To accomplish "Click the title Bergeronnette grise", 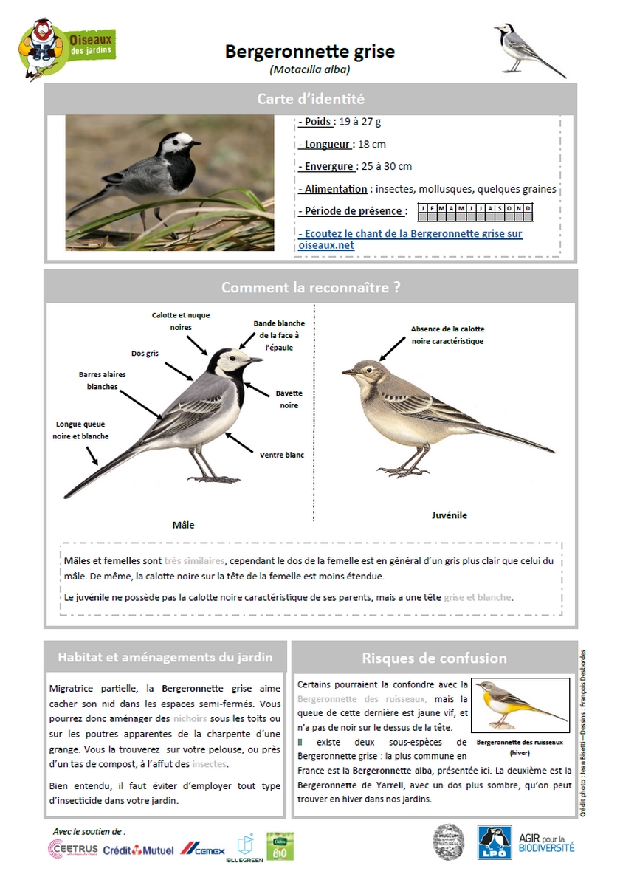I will coord(310,52).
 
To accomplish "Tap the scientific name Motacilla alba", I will coord(310,70).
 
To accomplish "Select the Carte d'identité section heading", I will coord(310,99).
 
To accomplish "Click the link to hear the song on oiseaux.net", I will coord(410,239).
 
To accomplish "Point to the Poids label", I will coord(317,122).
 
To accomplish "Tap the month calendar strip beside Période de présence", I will coord(475,209).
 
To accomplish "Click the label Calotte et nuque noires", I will coord(181,321).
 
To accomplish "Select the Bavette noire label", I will coord(289,399).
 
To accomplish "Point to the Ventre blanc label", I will coord(281,455).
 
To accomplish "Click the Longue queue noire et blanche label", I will coord(80,430).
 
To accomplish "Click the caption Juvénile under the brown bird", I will coord(449,515).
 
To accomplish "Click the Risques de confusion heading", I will coord(434,658).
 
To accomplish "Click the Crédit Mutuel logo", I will coord(139,850).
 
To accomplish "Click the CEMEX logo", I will coord(203,849).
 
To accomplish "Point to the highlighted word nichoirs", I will coord(187,718).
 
